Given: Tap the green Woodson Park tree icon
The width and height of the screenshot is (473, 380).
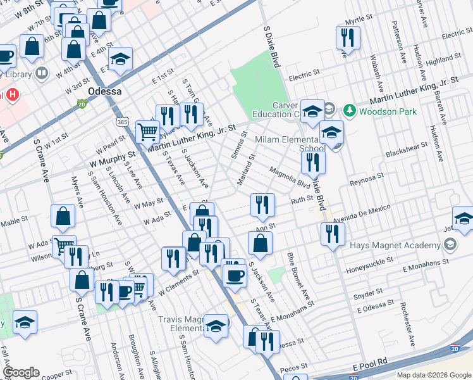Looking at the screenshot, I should click(x=349, y=111).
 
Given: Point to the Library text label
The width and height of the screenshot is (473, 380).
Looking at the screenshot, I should click(x=18, y=74).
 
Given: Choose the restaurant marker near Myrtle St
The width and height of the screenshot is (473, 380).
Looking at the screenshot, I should click(x=347, y=37).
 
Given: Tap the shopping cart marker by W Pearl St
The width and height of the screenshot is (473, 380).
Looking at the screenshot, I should click(x=148, y=132).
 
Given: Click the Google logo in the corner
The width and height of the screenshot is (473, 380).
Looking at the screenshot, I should click(x=21, y=372).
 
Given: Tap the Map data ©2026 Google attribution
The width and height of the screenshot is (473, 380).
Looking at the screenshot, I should click(x=433, y=375).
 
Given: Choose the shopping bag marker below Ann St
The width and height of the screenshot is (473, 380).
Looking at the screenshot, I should click(x=260, y=243).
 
